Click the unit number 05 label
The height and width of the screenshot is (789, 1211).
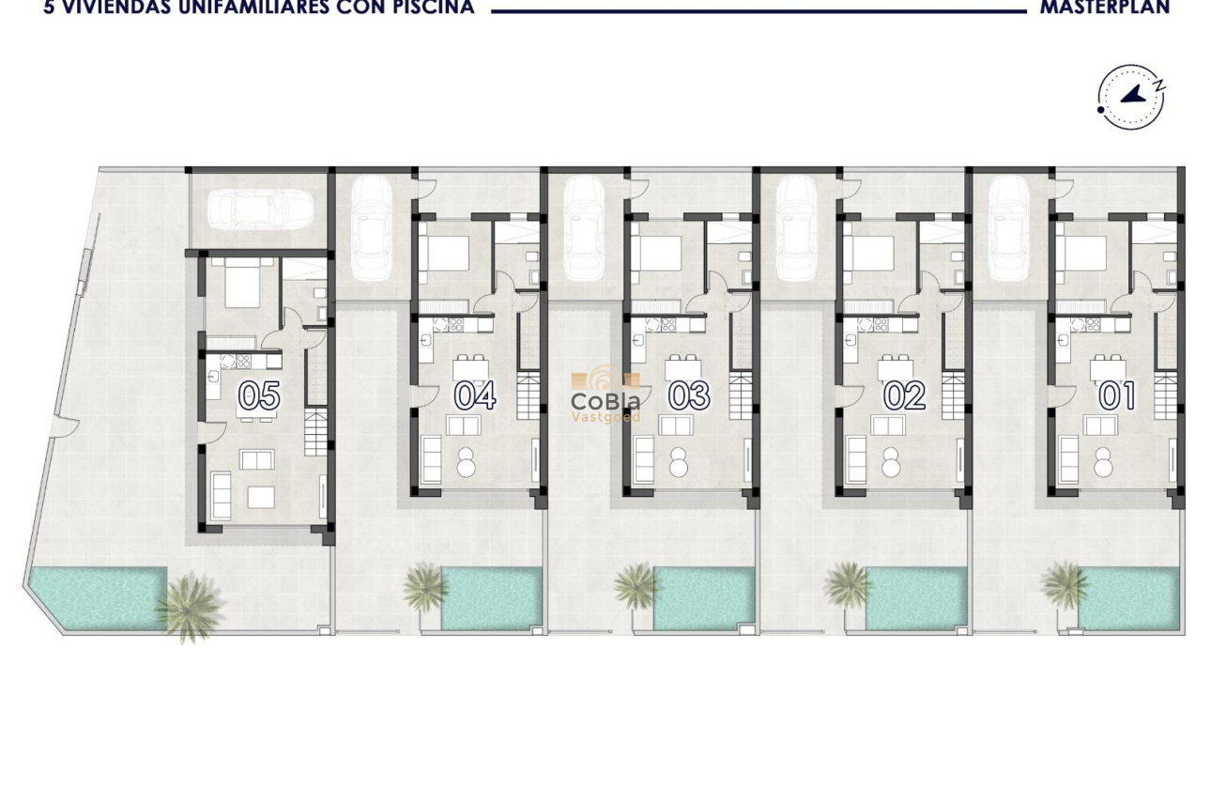258,396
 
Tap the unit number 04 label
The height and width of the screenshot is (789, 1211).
475,395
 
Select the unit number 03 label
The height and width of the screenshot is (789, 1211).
689,395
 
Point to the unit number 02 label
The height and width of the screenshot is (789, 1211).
904,395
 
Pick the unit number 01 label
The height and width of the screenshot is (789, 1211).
1117,395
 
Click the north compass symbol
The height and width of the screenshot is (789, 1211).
1131,97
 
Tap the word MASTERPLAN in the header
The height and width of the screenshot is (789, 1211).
1105,8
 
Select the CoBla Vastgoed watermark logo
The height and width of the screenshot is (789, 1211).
606,395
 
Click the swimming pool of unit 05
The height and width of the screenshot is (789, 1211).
94,597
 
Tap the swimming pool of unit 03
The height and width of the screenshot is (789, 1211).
704,597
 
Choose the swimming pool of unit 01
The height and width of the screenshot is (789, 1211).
1130,598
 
